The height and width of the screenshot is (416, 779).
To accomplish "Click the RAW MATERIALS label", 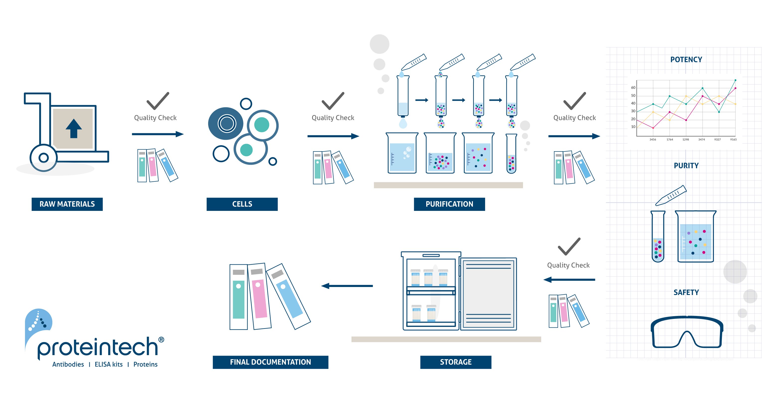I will pos(67,204).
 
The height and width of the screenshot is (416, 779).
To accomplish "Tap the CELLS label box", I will pos(242,204).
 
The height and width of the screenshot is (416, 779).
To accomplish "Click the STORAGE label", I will pos(455,362).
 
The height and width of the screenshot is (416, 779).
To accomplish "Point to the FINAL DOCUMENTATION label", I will pos(270,362).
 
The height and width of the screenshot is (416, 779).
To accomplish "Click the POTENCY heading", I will pos(686,60).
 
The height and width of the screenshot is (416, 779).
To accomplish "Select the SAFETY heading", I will pos(686,292).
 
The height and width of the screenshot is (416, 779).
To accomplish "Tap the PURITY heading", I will pos(686,166).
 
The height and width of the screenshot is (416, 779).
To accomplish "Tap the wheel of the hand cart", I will pos(44,157).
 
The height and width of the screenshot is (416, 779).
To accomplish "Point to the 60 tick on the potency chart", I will pos(633,88).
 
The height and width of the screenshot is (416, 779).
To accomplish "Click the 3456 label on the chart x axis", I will pos(653,139).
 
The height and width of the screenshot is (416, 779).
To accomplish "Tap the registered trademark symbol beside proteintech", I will pos(161,340).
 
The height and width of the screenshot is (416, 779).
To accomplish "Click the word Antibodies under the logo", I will pos(68,365).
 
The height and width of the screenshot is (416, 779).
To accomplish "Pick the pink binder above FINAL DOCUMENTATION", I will pos(259,297).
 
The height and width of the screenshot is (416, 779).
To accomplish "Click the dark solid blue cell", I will pos(226,123).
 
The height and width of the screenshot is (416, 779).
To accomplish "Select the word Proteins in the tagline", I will pos(146,365).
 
